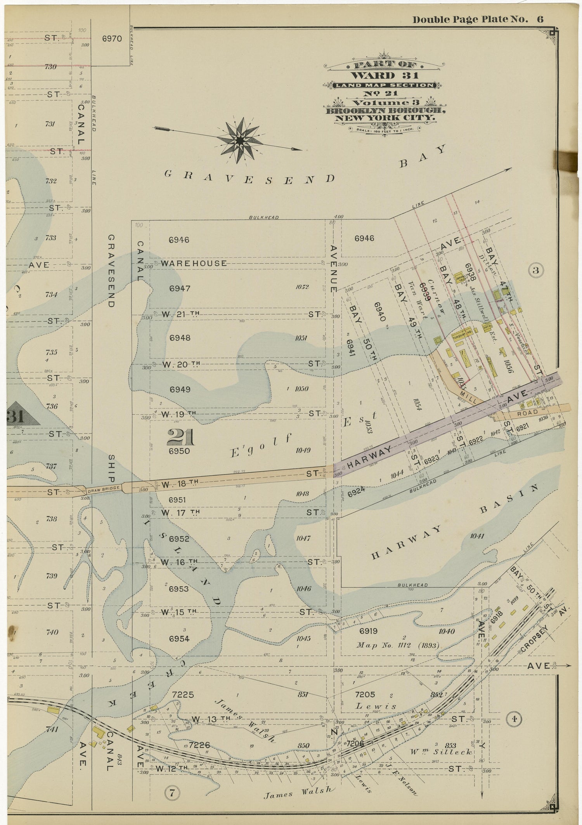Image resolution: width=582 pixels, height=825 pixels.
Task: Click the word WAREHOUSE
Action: click(194, 263)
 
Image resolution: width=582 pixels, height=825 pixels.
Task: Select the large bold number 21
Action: click(180, 438)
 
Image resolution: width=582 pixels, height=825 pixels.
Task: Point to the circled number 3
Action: click(535, 271)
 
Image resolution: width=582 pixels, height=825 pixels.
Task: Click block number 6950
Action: click(179, 451)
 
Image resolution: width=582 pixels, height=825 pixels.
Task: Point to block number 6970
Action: click(112, 39)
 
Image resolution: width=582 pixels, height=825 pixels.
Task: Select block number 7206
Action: click(354, 743)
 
